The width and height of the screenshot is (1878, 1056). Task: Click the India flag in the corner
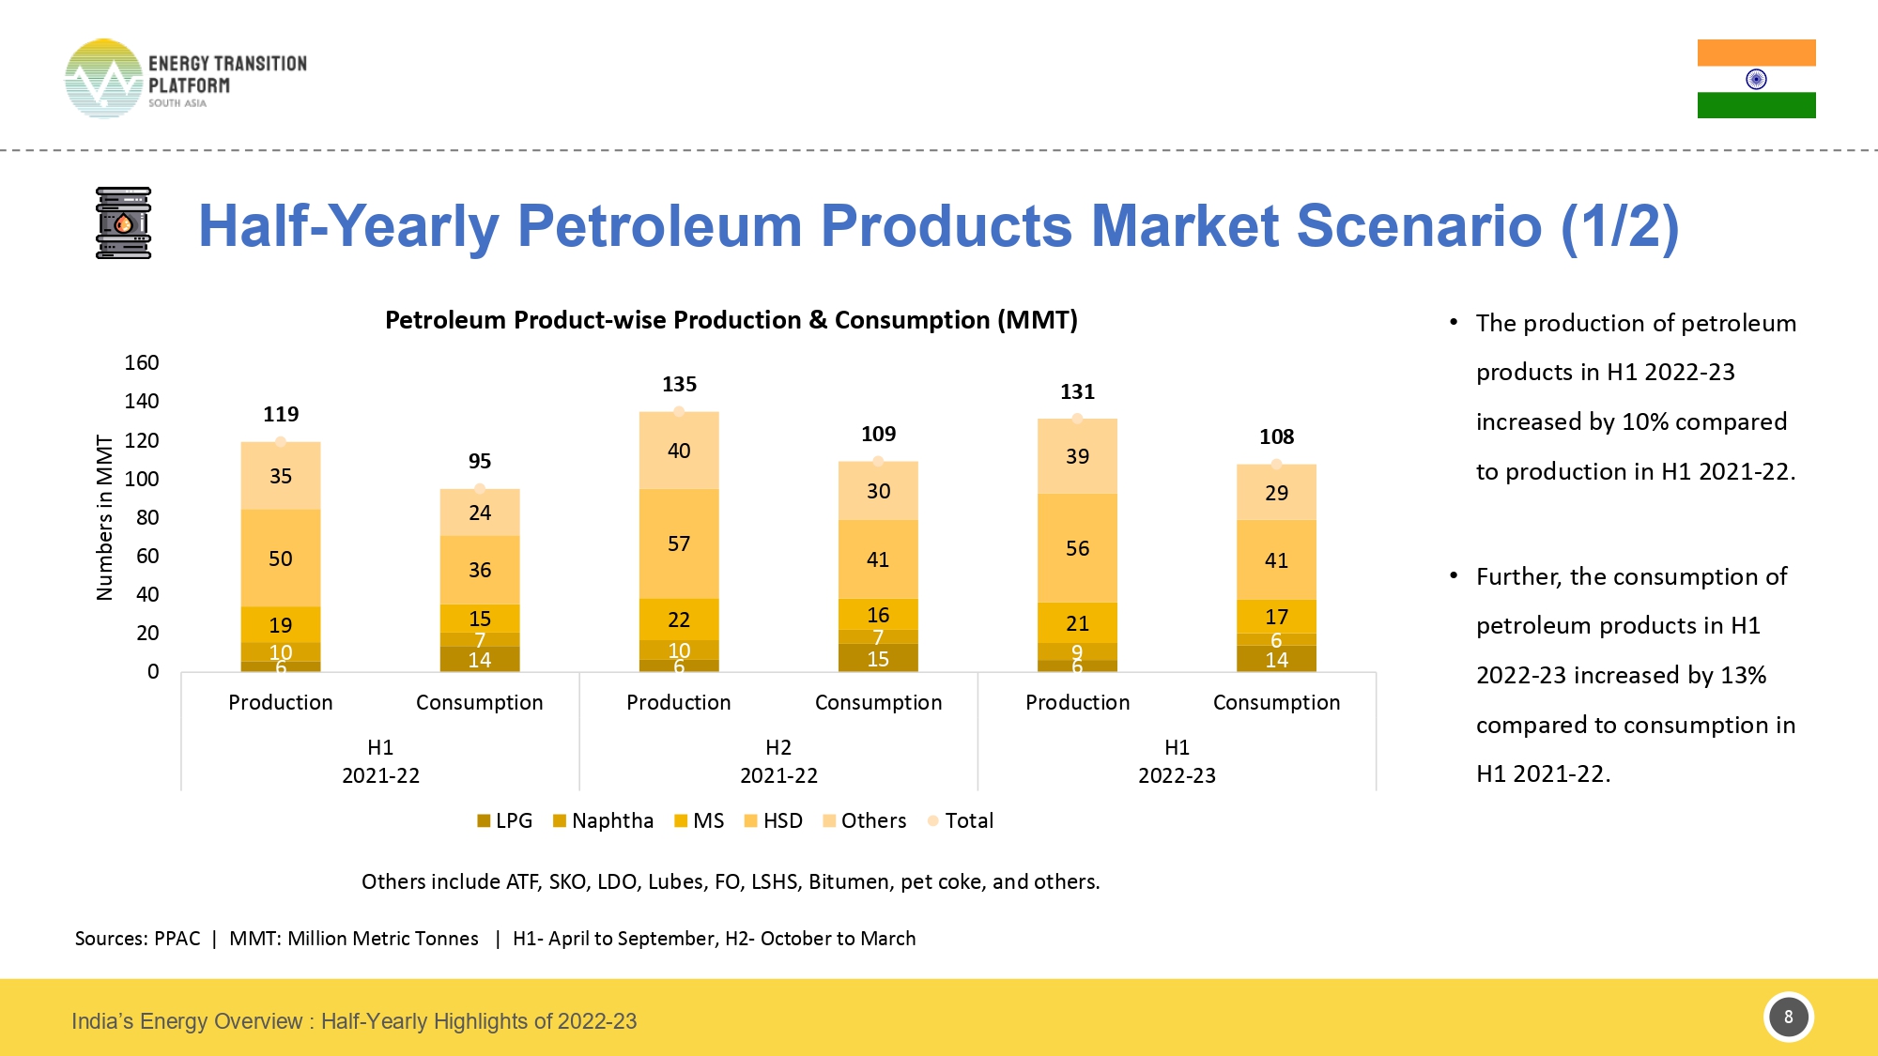pyautogui.click(x=1756, y=79)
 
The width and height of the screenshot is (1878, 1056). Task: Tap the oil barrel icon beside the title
pyautogui.click(x=123, y=223)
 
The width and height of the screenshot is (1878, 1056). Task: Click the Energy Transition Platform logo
pyautogui.click(x=185, y=79)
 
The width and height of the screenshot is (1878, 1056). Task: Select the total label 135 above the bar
pyautogui.click(x=679, y=384)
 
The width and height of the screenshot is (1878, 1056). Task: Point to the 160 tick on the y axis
pyautogui.click(x=142, y=362)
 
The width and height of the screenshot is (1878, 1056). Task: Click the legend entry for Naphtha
pyautogui.click(x=603, y=820)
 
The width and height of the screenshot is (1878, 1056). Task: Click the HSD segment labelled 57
pyautogui.click(x=679, y=543)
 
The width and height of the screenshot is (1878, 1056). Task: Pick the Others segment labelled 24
pyautogui.click(x=480, y=513)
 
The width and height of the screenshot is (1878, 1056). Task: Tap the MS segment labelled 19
pyautogui.click(x=281, y=625)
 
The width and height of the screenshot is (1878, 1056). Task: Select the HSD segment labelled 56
pyautogui.click(x=1077, y=548)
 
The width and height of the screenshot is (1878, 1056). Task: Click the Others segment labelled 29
pyautogui.click(x=1276, y=493)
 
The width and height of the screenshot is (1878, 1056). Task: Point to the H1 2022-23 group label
pyautogui.click(x=1177, y=761)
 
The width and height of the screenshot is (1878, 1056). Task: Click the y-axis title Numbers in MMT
pyautogui.click(x=104, y=517)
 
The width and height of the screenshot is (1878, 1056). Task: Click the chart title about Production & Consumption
pyautogui.click(x=731, y=320)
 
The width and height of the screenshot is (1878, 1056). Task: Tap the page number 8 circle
pyautogui.click(x=1788, y=1017)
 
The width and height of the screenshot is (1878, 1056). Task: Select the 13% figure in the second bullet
pyautogui.click(x=1743, y=675)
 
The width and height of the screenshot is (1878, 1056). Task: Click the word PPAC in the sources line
pyautogui.click(x=177, y=939)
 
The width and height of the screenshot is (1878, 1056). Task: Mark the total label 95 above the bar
pyautogui.click(x=480, y=461)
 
